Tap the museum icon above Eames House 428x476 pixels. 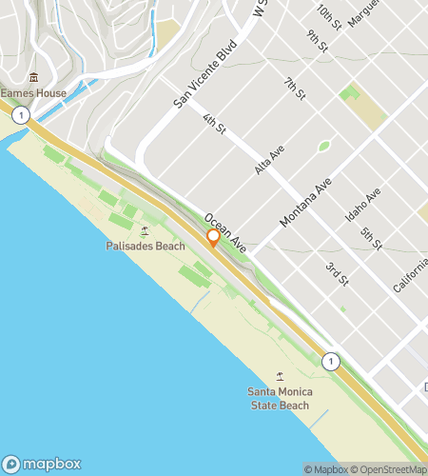(x=33, y=77)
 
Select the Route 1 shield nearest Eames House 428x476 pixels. (x=21, y=115)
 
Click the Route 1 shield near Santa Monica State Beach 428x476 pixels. (x=330, y=361)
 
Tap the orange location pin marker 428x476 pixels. (x=213, y=237)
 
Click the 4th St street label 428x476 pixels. (x=214, y=124)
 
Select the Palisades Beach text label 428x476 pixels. (x=146, y=246)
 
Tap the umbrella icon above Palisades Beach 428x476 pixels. (x=145, y=230)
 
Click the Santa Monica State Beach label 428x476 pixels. (x=280, y=398)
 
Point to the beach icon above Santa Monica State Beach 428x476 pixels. (x=280, y=377)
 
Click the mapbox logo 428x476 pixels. (x=41, y=464)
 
